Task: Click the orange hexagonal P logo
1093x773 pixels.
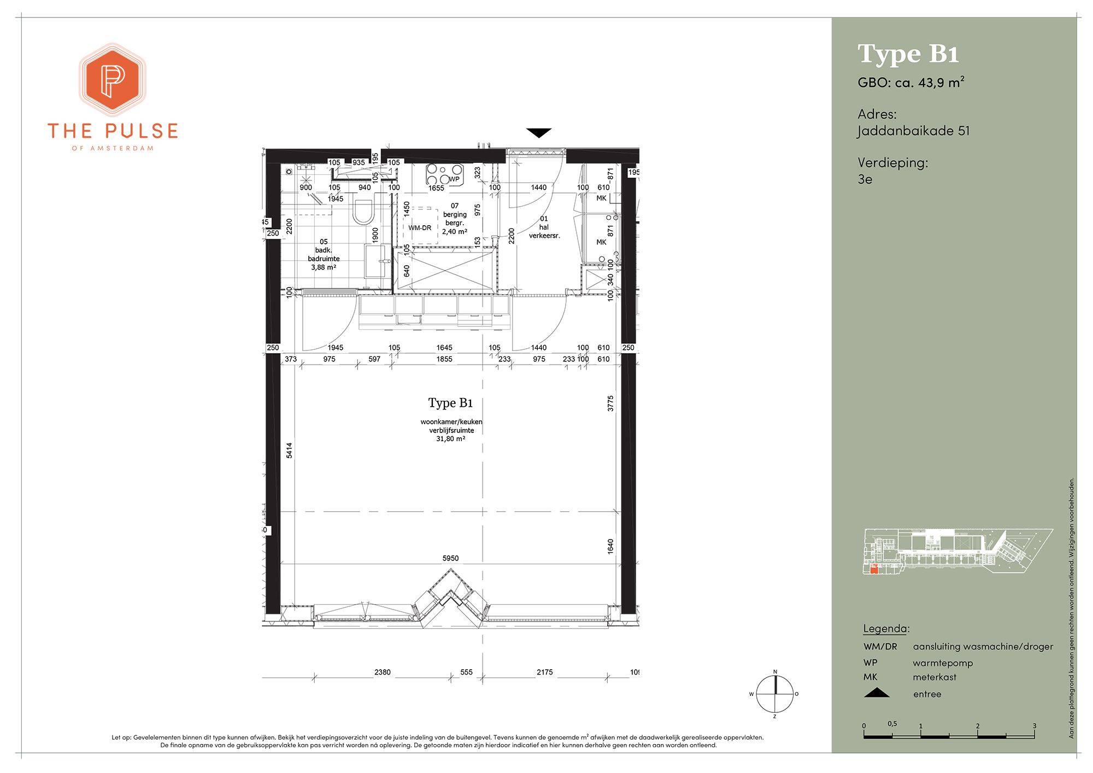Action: [x=113, y=79]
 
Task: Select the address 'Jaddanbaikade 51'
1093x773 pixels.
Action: [x=914, y=131]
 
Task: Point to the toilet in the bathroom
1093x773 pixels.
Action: [x=362, y=212]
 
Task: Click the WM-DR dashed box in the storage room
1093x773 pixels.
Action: [x=420, y=226]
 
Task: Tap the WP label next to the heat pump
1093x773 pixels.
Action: [x=454, y=179]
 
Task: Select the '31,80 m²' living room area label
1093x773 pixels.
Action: [x=451, y=438]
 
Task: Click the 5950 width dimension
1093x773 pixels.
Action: [x=450, y=558]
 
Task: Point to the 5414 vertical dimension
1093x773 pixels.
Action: [x=289, y=450]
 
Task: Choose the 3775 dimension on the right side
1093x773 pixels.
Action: [x=610, y=403]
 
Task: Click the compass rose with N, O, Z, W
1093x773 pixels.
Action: [x=774, y=694]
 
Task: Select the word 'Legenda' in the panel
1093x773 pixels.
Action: [x=885, y=629]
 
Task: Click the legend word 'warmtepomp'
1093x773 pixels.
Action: [x=943, y=663]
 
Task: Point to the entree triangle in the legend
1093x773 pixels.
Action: [x=877, y=693]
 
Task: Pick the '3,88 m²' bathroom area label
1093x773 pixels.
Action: [x=324, y=267]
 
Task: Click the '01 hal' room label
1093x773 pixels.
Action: [x=544, y=223]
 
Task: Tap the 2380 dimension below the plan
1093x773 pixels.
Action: [x=383, y=672]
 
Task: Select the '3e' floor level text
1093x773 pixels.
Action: [x=865, y=179]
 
